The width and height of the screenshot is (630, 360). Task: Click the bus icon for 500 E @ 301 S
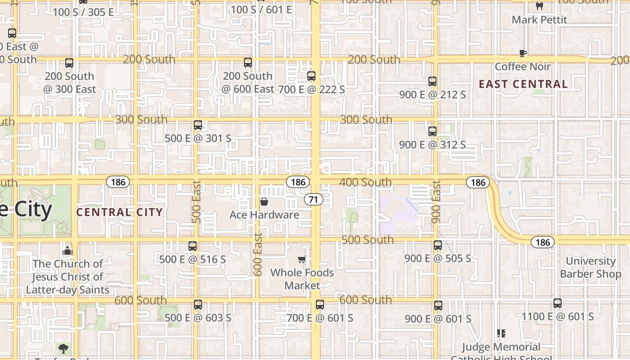coord(198,125)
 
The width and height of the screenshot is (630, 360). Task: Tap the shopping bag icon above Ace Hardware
coord(264,202)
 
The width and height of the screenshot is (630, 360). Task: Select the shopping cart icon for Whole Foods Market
coord(302,259)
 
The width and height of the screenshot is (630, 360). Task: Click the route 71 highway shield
coord(313,199)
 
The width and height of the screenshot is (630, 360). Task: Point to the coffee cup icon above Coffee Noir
coord(522,53)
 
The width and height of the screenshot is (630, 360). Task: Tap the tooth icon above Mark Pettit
coord(540,6)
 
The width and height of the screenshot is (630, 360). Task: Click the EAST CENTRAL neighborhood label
coord(523,84)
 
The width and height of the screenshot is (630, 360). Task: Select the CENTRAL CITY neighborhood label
coord(119,212)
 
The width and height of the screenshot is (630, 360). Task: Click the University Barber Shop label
coord(590,267)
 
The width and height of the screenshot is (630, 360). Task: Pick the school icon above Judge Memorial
coord(501,333)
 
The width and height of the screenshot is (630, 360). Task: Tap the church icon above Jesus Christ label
coord(67,250)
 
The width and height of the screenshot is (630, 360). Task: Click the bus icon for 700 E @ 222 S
coord(311,76)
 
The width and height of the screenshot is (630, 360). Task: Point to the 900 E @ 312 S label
coord(432,144)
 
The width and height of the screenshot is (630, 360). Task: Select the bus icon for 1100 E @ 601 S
coord(558,303)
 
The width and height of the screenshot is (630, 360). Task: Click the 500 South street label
coord(368,240)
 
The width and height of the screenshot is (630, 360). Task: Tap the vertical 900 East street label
coord(436,202)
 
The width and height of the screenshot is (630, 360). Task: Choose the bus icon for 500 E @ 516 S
coord(193,246)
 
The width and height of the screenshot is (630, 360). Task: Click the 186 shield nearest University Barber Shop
coord(543,242)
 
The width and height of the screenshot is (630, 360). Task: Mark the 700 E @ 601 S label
coord(320,318)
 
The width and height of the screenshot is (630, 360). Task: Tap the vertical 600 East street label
coord(258,255)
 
